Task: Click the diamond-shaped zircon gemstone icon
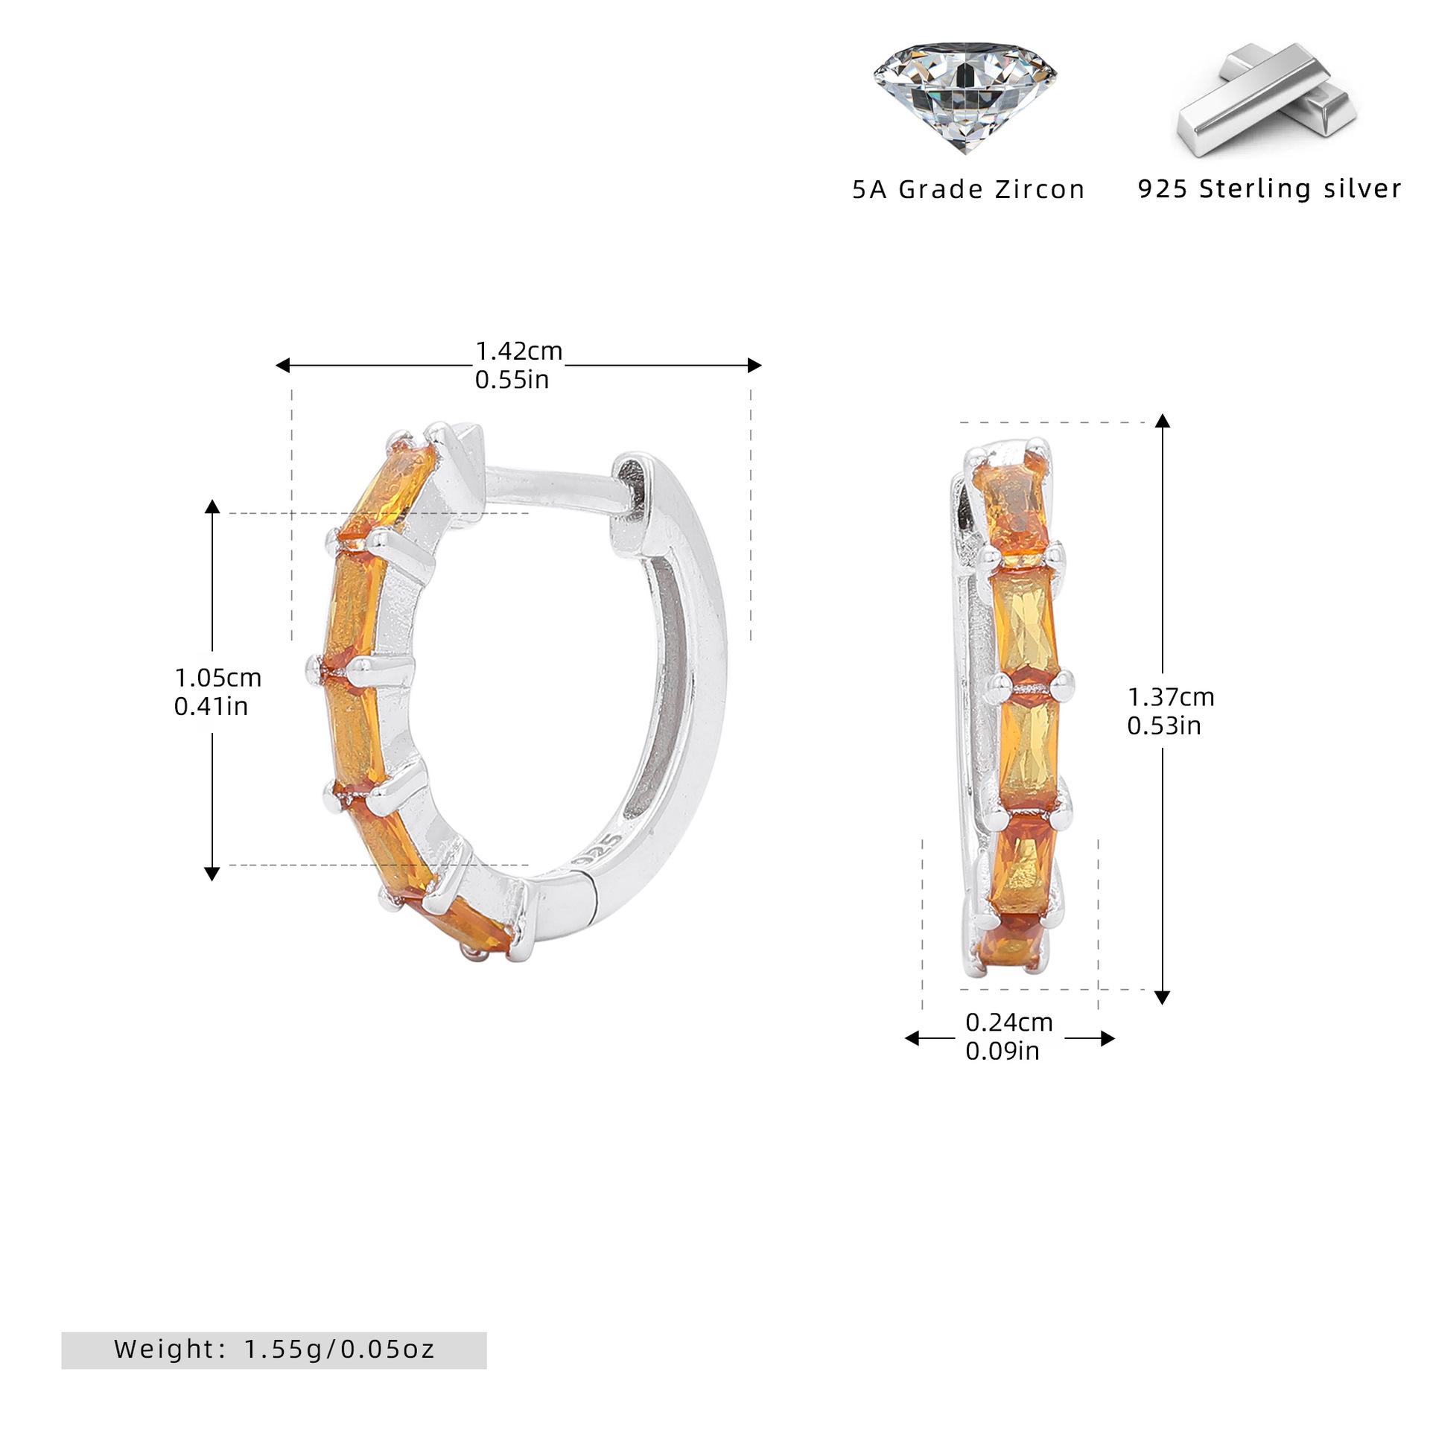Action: (965, 97)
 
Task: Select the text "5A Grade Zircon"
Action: (968, 189)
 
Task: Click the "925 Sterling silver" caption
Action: (1269, 188)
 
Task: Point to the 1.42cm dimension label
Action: (519, 351)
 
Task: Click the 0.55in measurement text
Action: (512, 380)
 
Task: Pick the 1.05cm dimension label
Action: (217, 678)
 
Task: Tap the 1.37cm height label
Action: (1171, 697)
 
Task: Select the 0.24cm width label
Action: (1009, 1023)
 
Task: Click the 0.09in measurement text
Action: (1002, 1051)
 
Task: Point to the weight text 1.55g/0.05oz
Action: (340, 1349)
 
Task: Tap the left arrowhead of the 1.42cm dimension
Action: (282, 365)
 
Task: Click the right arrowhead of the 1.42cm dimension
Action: (754, 365)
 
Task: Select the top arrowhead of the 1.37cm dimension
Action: (1162, 421)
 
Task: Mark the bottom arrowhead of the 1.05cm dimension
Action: (212, 874)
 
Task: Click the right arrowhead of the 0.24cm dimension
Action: (1108, 1038)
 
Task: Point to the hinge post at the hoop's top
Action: (555, 489)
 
